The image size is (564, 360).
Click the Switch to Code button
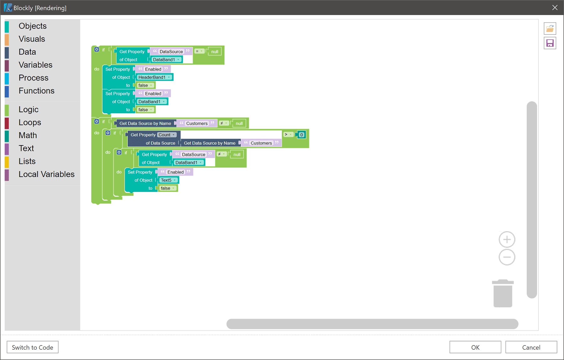[33, 347]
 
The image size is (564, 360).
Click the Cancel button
[531, 347]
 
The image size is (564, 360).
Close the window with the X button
[555, 8]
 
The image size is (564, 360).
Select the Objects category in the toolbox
[33, 26]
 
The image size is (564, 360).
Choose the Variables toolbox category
[35, 65]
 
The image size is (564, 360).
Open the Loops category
[30, 122]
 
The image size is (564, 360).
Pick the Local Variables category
[46, 174]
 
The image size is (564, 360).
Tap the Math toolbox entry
[28, 135]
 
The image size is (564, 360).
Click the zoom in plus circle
[507, 240]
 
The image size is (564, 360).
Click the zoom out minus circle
[507, 257]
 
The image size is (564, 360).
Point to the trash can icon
[503, 294]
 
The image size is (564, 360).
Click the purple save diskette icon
[550, 43]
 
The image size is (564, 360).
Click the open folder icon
[550, 29]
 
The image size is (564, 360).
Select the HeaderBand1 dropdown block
[154, 77]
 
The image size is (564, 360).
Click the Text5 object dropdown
[168, 180]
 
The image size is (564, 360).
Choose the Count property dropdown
[167, 135]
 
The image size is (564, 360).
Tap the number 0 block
[301, 135]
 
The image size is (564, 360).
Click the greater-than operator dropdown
[288, 135]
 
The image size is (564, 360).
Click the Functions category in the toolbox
[36, 91]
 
